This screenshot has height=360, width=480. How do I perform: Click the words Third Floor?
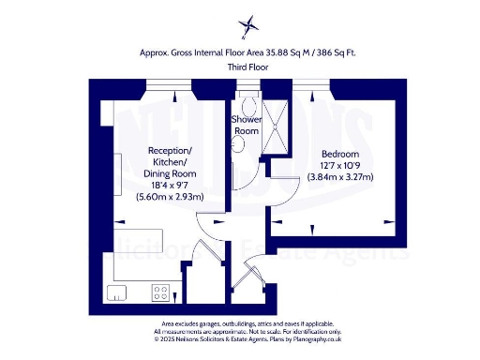point(247,68)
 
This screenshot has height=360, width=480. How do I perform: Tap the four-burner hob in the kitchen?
point(160,292)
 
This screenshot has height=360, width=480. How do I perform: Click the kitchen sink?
point(118,292)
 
